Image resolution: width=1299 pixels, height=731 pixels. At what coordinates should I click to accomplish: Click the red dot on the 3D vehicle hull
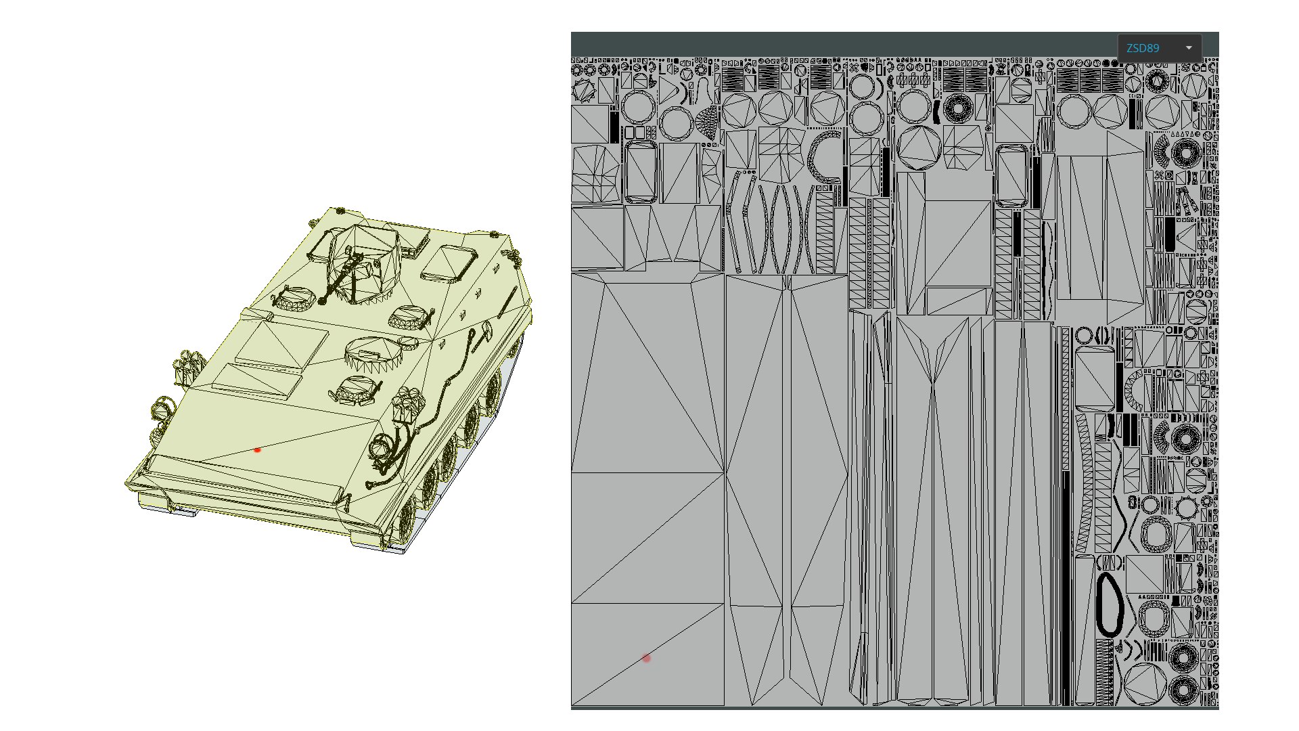[257, 449]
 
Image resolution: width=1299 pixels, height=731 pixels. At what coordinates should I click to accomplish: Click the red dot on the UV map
[647, 658]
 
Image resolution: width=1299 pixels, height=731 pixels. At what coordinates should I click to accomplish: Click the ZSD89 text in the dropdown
[1143, 48]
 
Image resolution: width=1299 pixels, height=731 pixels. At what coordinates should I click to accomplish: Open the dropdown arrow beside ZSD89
[1189, 48]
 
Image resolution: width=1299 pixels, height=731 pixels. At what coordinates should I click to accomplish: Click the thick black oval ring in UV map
[1110, 604]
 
